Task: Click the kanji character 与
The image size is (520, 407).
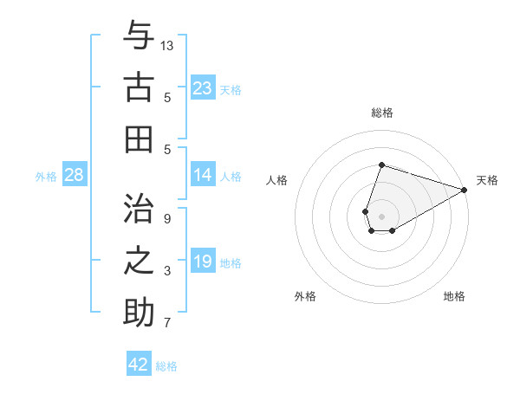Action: (139, 37)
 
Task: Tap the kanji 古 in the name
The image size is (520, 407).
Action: (139, 88)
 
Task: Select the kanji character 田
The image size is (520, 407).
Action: (139, 139)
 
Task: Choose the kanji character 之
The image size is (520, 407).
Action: (139, 261)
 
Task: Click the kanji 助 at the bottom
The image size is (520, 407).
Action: (139, 313)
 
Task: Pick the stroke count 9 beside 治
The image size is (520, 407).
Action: (167, 218)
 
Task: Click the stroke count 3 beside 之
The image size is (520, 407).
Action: (167, 271)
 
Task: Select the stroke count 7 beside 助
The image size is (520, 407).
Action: (167, 324)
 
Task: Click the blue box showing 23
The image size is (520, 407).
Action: (203, 88)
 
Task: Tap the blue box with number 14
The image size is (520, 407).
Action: (203, 175)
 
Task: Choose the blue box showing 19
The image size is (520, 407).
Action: (203, 262)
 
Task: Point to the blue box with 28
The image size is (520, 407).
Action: (75, 175)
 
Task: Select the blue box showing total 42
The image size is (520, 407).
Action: (139, 364)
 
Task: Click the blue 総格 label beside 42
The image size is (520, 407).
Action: (166, 366)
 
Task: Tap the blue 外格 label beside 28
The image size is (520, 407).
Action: (46, 177)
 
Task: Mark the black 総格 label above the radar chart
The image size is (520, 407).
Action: (381, 113)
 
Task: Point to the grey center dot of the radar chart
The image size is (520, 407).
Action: (381, 216)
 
